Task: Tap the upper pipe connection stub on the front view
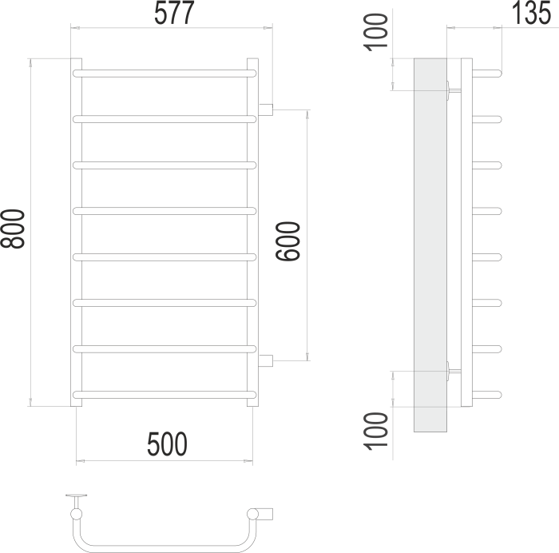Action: click(267, 109)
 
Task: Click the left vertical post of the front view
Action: click(76, 232)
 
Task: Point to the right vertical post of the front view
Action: click(252, 232)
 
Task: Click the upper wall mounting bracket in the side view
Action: click(454, 90)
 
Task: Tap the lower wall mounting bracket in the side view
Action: click(454, 369)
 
